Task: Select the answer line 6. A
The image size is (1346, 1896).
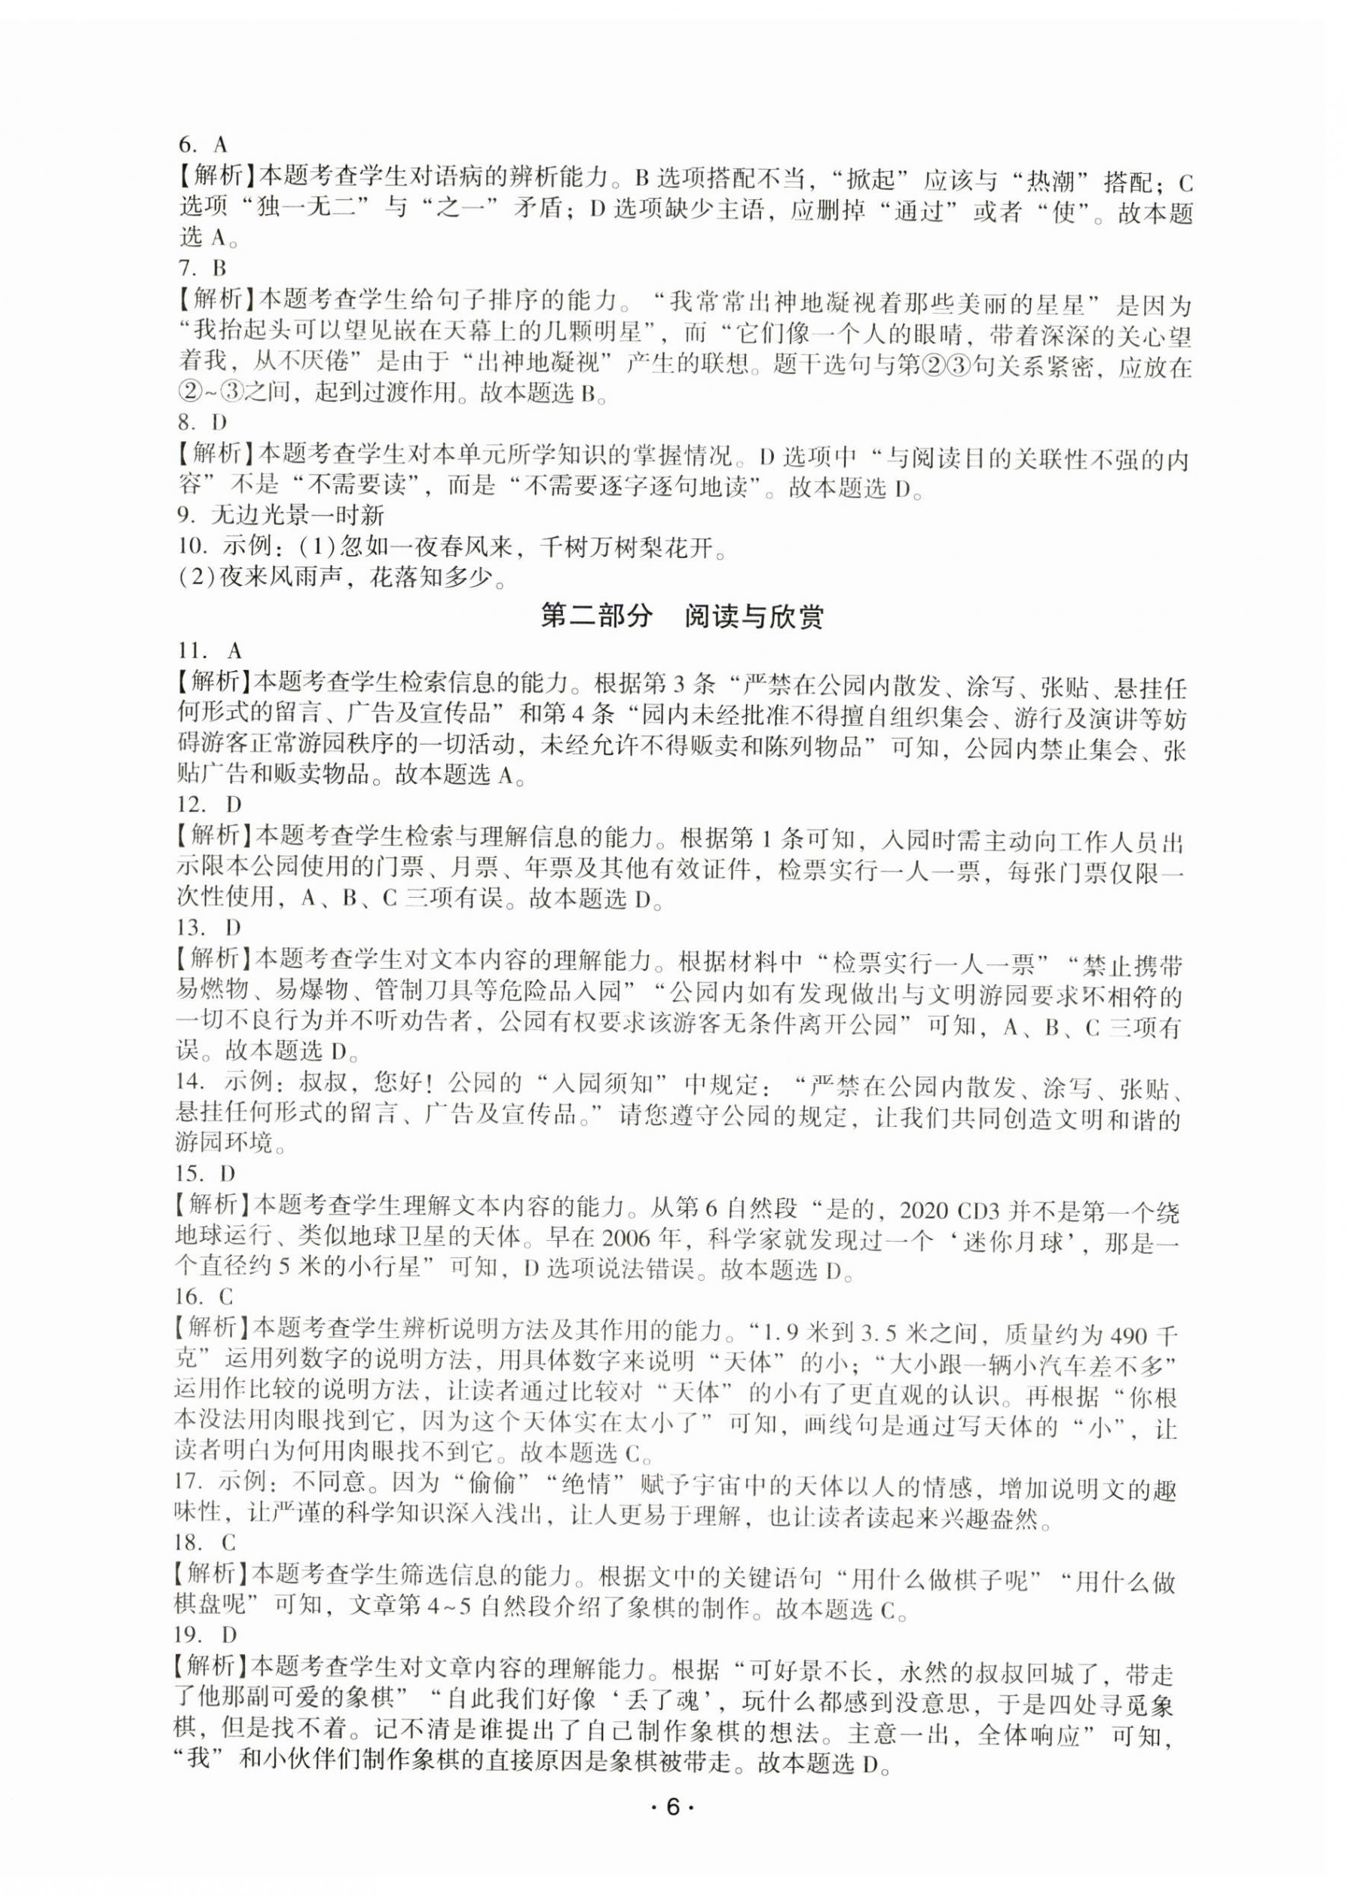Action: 203,144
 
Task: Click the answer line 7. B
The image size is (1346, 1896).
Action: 203,268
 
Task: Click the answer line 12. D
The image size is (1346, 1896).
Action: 209,804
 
